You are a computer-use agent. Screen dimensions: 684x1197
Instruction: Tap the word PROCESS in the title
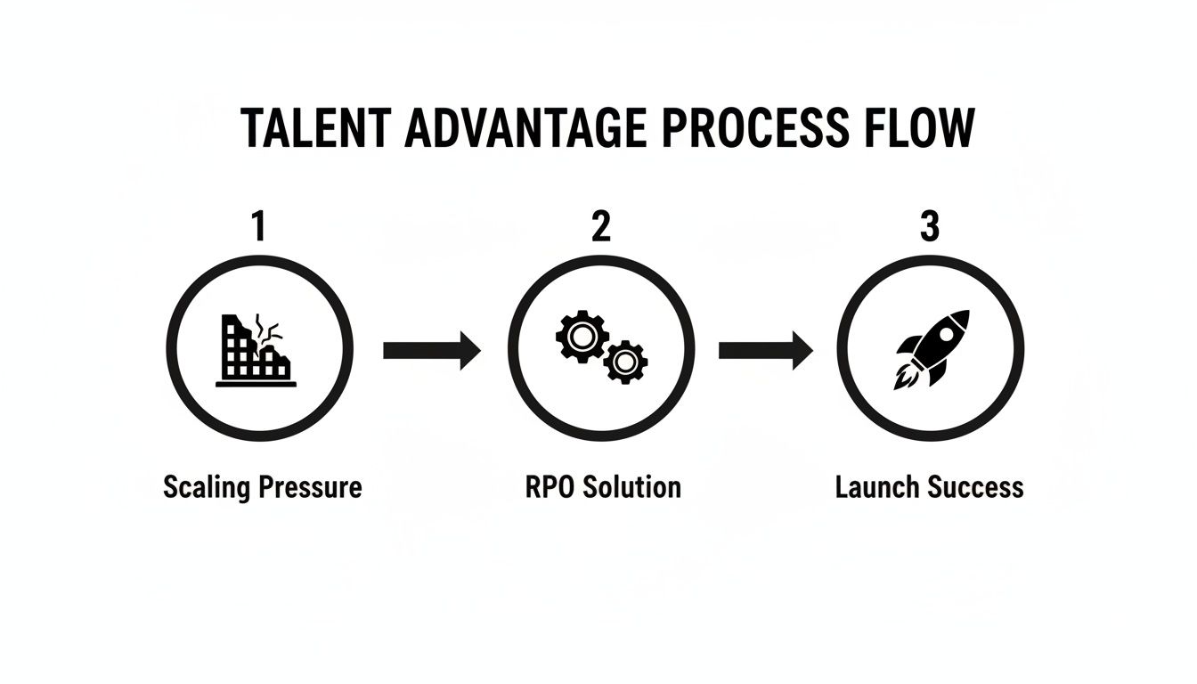pos(756,128)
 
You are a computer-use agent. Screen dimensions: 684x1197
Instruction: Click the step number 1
pos(258,227)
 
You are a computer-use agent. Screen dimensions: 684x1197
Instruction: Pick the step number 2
pos(601,227)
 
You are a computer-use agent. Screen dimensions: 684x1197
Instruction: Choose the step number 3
pos(930,227)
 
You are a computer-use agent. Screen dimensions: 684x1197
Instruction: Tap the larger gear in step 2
pos(582,338)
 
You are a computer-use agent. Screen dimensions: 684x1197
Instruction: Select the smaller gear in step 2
pos(625,362)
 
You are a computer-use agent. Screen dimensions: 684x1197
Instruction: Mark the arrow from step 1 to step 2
pos(431,351)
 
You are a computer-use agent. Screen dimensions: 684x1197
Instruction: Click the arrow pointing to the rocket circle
pos(765,351)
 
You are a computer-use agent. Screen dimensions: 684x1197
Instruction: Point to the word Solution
pos(633,487)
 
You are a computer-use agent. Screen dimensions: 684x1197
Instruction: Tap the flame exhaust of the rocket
pos(903,378)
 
